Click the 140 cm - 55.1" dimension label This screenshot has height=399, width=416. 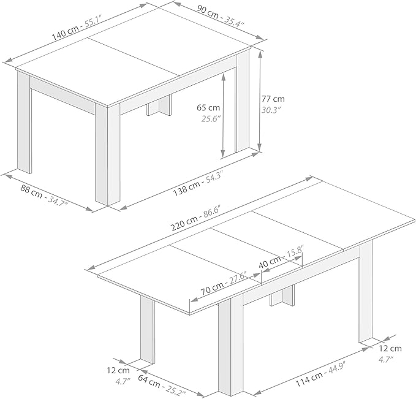[x=77, y=28]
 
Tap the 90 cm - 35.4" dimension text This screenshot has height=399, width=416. [x=220, y=16]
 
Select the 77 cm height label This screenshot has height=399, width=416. [x=273, y=99]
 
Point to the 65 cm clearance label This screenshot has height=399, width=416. [x=208, y=107]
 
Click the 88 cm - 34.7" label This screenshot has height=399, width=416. [x=44, y=196]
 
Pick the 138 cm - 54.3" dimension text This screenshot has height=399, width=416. [x=198, y=183]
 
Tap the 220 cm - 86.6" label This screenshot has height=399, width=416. [x=195, y=218]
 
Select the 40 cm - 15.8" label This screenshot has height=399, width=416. [x=281, y=257]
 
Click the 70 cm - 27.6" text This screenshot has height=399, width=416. [x=224, y=283]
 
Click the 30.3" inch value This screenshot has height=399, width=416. [x=271, y=110]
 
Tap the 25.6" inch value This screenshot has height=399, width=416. [x=211, y=119]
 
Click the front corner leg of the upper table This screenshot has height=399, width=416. [x=108, y=154]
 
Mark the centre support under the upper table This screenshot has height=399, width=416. [x=159, y=105]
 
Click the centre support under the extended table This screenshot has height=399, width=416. [x=282, y=296]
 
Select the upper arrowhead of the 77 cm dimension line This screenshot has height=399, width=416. [x=260, y=55]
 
